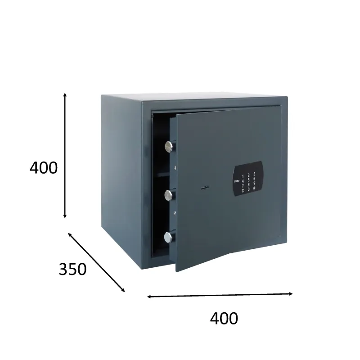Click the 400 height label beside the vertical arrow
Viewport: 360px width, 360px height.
coord(44,168)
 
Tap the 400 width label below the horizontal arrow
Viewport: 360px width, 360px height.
coord(224,318)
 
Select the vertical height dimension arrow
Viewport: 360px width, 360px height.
coord(65,155)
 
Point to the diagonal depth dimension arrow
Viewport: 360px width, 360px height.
coord(96,262)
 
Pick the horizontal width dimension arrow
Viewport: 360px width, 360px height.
coord(220,295)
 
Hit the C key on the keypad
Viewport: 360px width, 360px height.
coord(243,190)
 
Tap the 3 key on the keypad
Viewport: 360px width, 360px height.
coord(254,174)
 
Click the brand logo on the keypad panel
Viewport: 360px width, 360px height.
coord(237,182)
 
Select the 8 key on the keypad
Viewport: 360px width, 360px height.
coord(248,185)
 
